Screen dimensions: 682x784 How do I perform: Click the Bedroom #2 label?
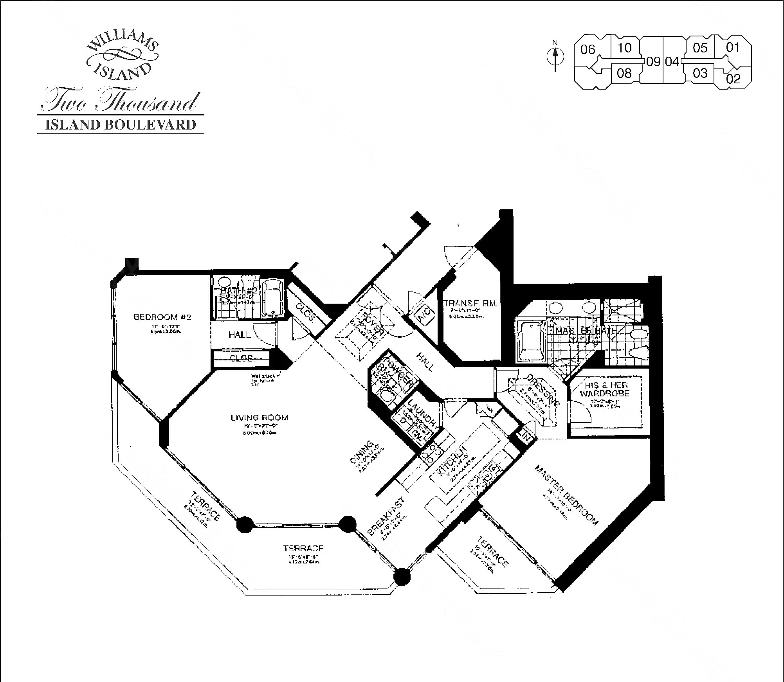pyautogui.click(x=162, y=317)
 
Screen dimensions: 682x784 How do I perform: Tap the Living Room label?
pyautogui.click(x=259, y=417)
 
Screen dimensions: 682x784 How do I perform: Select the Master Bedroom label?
pyautogui.click(x=566, y=495)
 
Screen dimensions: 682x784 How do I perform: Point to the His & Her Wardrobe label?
pyautogui.click(x=605, y=389)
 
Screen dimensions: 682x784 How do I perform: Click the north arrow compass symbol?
pyautogui.click(x=555, y=57)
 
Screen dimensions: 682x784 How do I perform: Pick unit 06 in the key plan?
pyautogui.click(x=588, y=50)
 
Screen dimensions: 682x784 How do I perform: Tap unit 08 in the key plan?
pyautogui.click(x=624, y=73)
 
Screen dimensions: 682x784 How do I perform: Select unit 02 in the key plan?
pyautogui.click(x=733, y=79)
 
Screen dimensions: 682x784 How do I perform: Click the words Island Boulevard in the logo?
pyautogui.click(x=121, y=125)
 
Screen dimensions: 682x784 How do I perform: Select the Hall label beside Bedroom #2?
pyautogui.click(x=240, y=335)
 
